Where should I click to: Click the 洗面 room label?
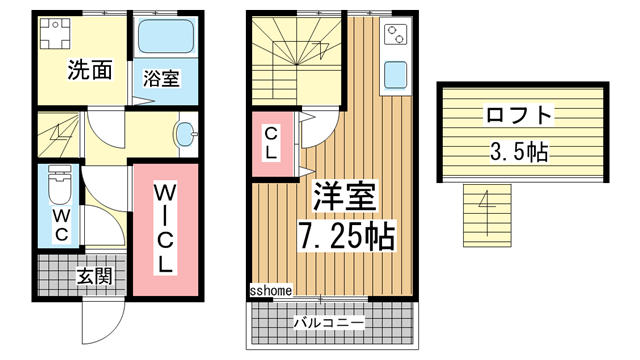click(x=88, y=70)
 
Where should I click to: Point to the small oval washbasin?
click(x=185, y=133)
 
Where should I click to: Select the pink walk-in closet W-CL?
click(x=165, y=230)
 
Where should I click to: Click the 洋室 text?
click(x=346, y=197)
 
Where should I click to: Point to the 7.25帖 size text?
click(x=346, y=237)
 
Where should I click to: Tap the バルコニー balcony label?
click(x=329, y=323)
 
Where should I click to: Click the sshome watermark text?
click(x=270, y=291)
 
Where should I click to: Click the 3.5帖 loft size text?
click(x=518, y=153)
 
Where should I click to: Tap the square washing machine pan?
click(x=54, y=32)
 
